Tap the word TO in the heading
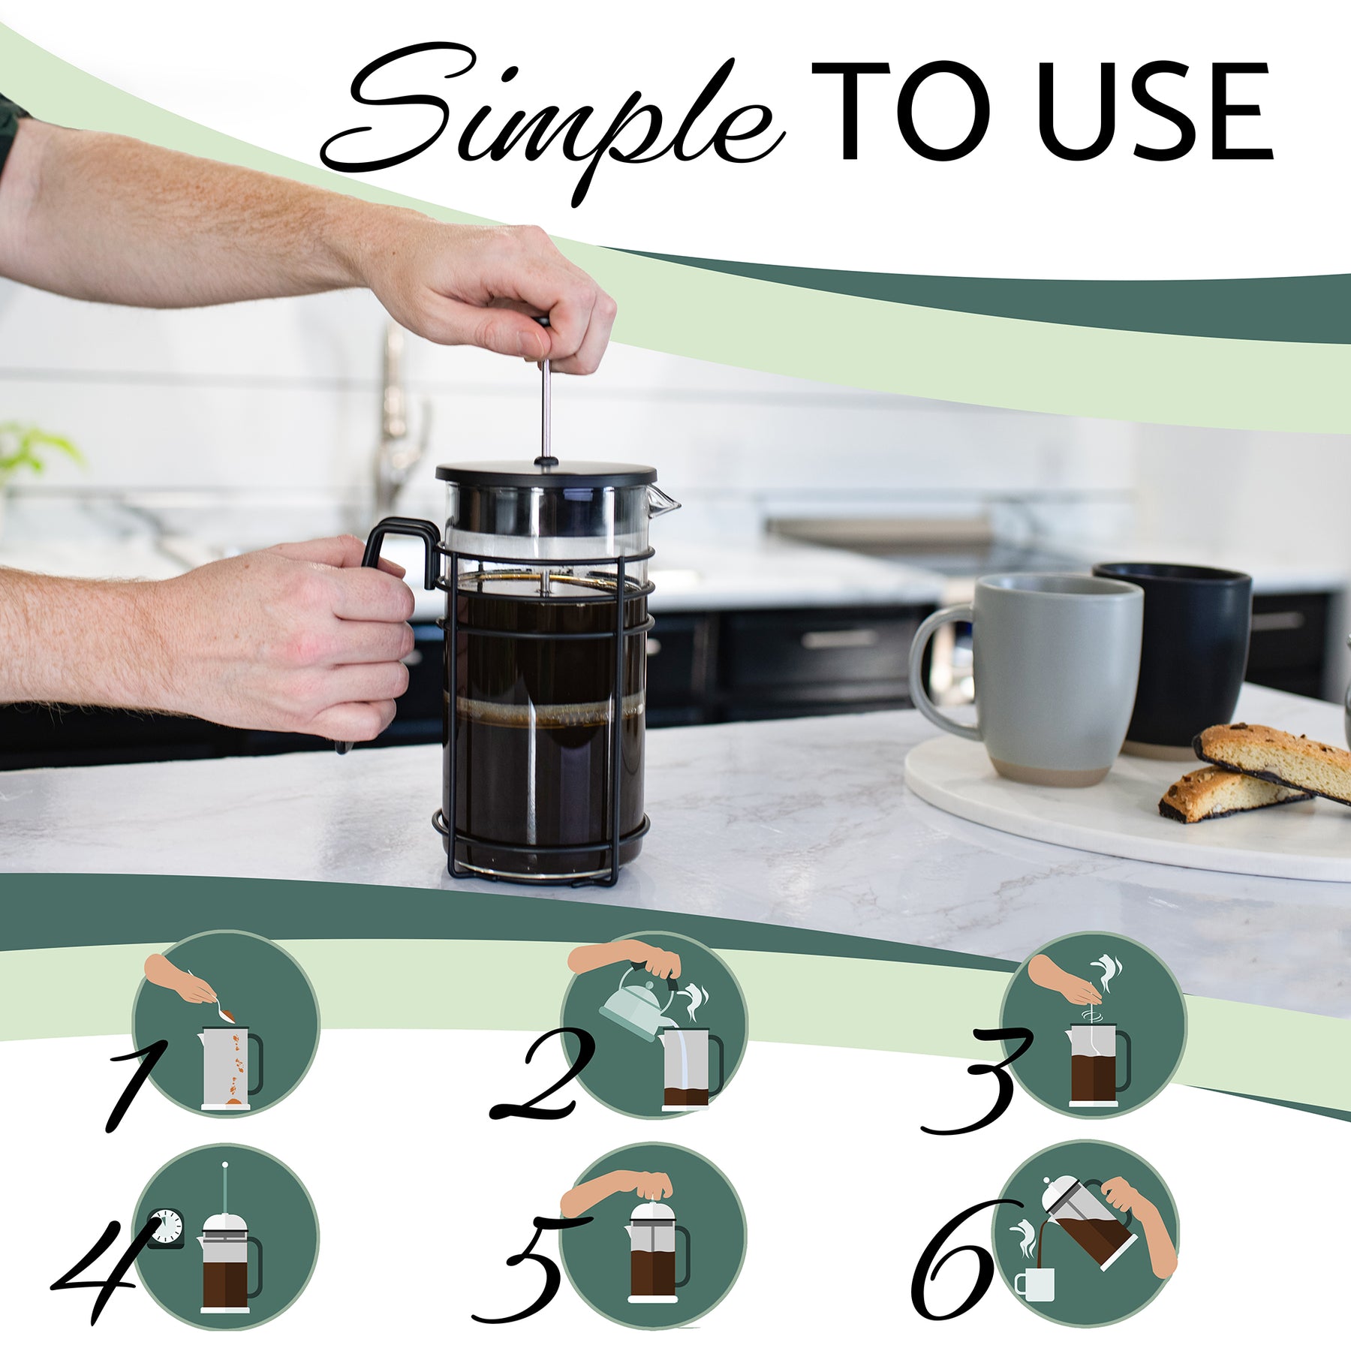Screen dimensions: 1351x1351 (901, 113)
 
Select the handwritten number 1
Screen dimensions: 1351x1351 (135, 1081)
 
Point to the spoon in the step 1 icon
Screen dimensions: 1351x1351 (218, 1006)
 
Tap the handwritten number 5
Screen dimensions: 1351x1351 (525, 1268)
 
